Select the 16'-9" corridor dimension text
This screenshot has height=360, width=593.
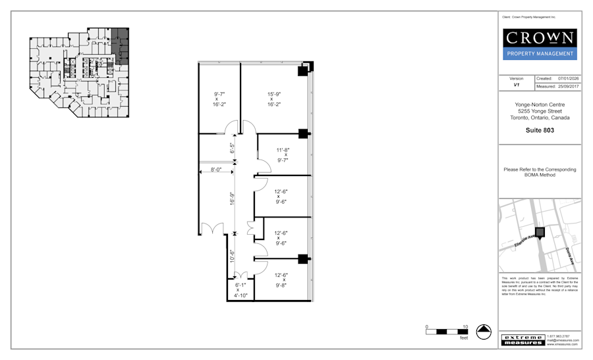coord(231,198)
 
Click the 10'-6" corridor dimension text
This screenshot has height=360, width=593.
coord(231,255)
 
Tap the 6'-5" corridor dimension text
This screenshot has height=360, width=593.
coord(231,149)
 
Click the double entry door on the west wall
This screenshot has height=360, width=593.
coord(210,230)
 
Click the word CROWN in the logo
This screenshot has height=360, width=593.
coord(540,38)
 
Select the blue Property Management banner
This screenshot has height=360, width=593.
coord(540,53)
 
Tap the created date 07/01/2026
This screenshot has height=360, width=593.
coord(568,78)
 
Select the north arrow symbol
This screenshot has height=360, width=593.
coord(484,332)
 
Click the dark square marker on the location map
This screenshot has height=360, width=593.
coord(540,232)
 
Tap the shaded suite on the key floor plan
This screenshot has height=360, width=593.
coord(120,44)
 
